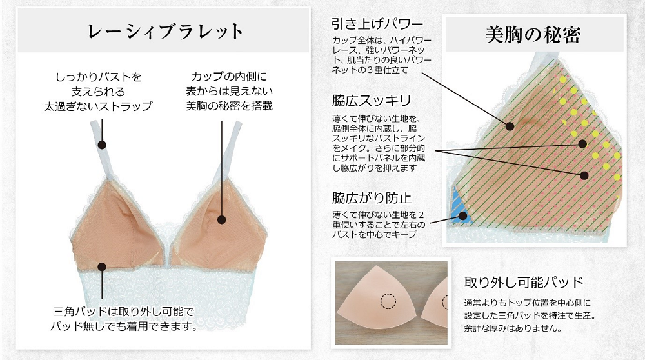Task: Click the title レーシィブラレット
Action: pyautogui.click(x=165, y=32)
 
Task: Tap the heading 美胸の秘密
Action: pyautogui.click(x=533, y=35)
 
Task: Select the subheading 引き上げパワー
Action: pyautogui.click(x=377, y=24)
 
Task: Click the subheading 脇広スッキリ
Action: pyautogui.click(x=372, y=101)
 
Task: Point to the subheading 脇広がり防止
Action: pyautogui.click(x=372, y=198)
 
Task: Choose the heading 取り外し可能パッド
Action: pyautogui.click(x=524, y=282)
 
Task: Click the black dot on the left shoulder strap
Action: pyautogui.click(x=103, y=145)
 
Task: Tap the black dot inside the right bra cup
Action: pyautogui.click(x=222, y=220)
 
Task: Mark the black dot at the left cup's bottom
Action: pyautogui.click(x=102, y=266)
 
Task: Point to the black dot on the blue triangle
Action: pyautogui.click(x=463, y=215)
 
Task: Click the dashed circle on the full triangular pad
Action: pyautogui.click(x=388, y=301)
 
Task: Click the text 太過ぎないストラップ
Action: pyautogui.click(x=98, y=106)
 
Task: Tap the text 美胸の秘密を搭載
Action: pyautogui.click(x=229, y=106)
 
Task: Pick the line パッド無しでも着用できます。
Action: pyautogui.click(x=123, y=326)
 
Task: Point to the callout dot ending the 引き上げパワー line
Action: pyautogui.click(x=510, y=126)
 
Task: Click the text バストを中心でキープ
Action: pyautogui.click(x=374, y=234)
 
